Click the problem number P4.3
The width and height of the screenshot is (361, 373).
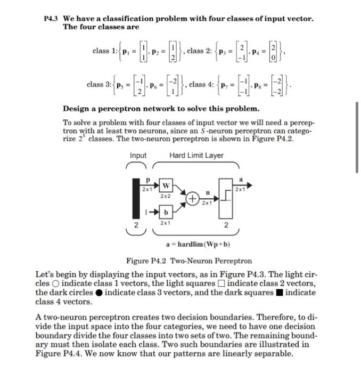coord(51,19)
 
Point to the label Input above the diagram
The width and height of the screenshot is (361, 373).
coord(138,155)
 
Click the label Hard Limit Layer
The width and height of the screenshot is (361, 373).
coord(196,155)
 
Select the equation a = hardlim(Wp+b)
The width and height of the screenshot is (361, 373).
coord(196,245)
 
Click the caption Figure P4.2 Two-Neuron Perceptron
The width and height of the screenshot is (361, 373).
coord(189,261)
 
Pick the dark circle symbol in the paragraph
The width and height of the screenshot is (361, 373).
coord(99,293)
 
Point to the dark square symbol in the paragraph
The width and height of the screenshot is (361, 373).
coord(280,293)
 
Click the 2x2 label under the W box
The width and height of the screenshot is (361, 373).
coord(165,196)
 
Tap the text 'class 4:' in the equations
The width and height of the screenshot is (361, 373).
coord(201,85)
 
